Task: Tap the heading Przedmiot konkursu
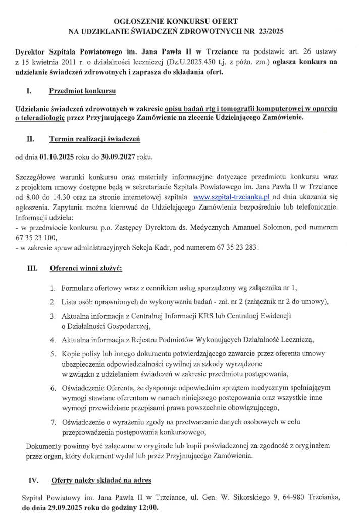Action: click(82, 91)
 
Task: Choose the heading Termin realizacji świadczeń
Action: click(94, 138)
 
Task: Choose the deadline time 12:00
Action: click(147, 507)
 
